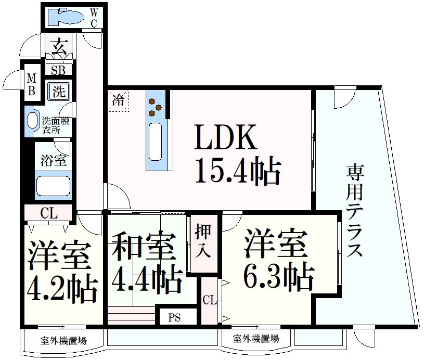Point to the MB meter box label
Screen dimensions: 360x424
click(x=32, y=85)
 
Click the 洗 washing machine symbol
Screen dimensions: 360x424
click(x=59, y=92)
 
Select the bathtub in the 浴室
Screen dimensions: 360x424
click(x=53, y=186)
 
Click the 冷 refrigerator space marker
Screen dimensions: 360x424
click(x=119, y=100)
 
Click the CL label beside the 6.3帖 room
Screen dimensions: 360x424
click(x=209, y=300)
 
